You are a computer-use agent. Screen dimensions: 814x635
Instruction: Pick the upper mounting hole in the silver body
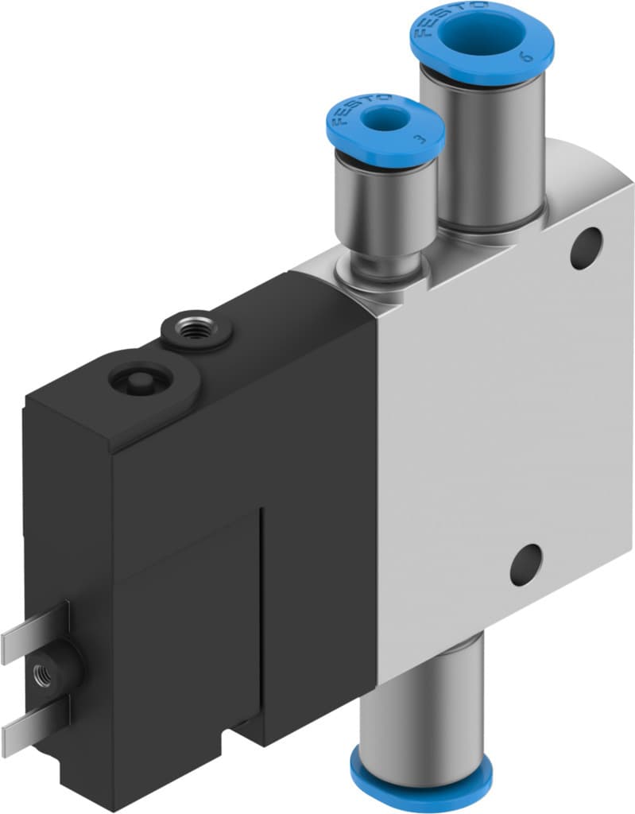point(587,247)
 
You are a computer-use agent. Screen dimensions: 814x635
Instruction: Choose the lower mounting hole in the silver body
point(526,565)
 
